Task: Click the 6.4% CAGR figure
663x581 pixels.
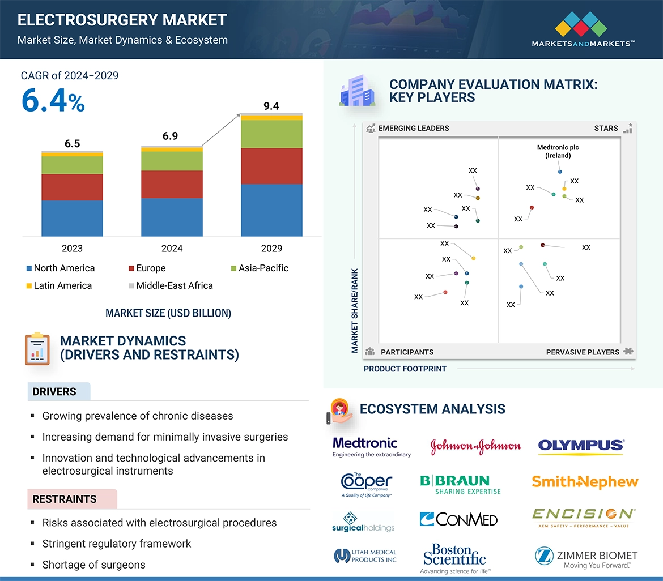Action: coord(53,100)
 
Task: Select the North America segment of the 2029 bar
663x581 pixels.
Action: coord(271,210)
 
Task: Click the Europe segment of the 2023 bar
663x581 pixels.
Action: coord(72,187)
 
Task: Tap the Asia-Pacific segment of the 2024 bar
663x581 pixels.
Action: coord(172,161)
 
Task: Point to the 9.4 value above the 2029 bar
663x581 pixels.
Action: coord(271,106)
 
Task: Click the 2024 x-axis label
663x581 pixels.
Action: coord(172,248)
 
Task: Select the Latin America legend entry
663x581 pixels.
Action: coord(59,285)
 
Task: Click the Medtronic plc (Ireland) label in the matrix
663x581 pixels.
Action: coord(558,151)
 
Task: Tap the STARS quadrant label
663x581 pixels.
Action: coord(606,128)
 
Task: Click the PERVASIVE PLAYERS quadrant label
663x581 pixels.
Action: coord(583,352)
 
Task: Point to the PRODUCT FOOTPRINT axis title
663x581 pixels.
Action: coord(405,369)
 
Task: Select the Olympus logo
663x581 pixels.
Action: coord(581,446)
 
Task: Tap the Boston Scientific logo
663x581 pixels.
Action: coord(454,558)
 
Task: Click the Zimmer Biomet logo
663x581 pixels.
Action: coord(586,558)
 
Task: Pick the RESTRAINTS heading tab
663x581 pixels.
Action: coord(65,499)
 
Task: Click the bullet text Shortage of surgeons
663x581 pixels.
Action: coord(93,565)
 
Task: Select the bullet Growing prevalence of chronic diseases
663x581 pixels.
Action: coord(138,416)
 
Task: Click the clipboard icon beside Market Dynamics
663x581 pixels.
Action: coord(37,348)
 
